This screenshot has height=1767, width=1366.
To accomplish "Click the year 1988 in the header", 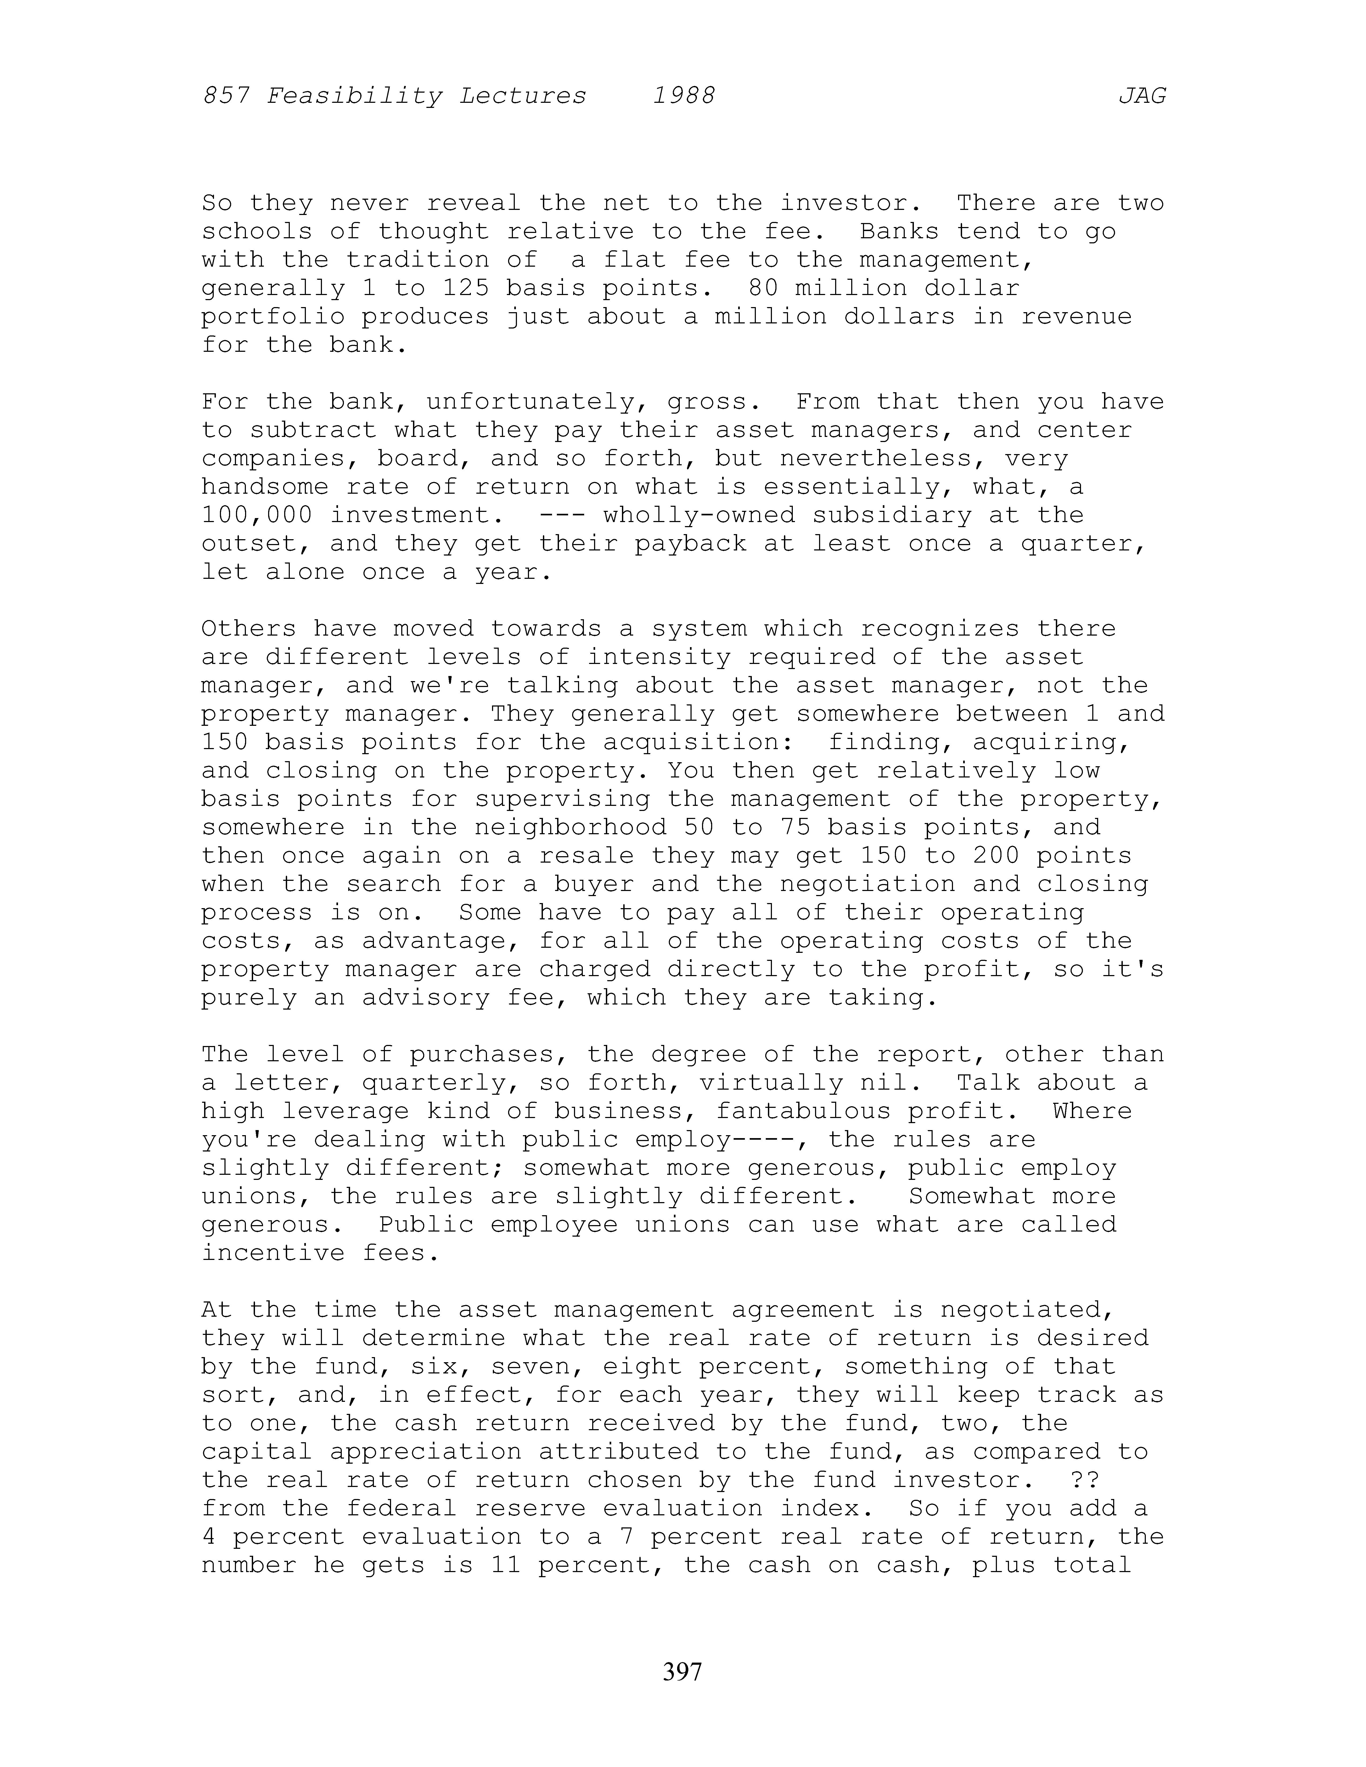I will coord(684,96).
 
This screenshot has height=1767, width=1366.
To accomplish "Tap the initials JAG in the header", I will coord(1142,96).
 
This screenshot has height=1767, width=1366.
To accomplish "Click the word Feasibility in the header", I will coord(354,96).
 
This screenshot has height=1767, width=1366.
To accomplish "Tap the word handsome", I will coord(265,487).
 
